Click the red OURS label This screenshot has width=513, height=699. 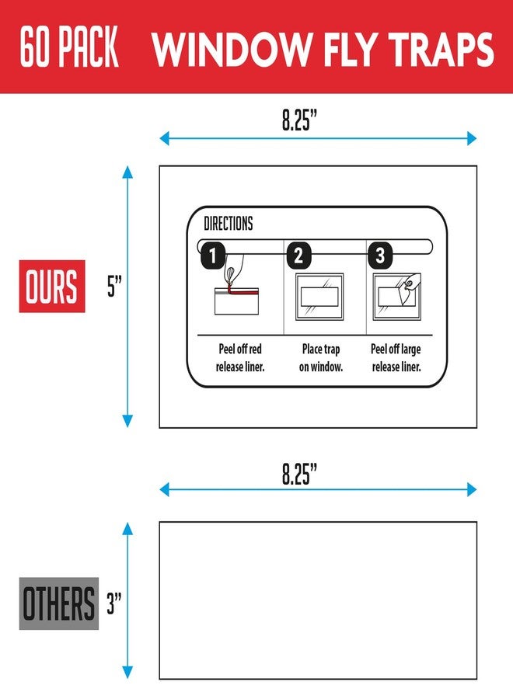coord(52,286)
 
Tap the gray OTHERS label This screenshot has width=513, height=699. coord(59,603)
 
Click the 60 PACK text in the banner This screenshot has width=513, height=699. coord(69,47)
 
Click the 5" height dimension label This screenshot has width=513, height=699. coord(114,286)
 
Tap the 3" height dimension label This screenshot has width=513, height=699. coord(114,603)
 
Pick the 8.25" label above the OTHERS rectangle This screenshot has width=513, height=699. coord(299,474)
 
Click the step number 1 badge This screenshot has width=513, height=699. coord(213,256)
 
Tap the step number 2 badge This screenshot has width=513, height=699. coord(298,256)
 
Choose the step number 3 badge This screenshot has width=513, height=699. coord(380,256)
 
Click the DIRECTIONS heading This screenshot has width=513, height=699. coord(229,224)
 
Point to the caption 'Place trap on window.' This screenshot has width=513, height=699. coord(321,357)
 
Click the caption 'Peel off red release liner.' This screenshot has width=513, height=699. coord(240,357)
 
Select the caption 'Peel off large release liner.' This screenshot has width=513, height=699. coord(396,357)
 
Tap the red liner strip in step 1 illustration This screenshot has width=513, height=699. coord(243,291)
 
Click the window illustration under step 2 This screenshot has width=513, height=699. coord(319,297)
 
